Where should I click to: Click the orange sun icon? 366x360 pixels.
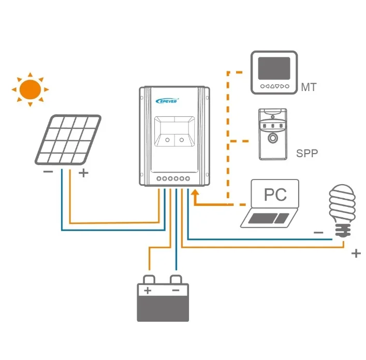coord(30,89)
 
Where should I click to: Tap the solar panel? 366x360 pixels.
coord(68,140)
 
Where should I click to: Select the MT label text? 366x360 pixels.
coord(309,87)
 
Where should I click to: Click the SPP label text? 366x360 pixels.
coord(306,153)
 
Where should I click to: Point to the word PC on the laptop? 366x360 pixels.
coord(275,194)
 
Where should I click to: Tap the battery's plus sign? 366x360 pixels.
coord(148,291)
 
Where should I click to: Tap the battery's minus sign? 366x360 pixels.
coord(175,291)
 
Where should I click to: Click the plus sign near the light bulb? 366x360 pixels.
coord(356,253)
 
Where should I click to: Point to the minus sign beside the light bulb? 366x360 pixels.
coord(318,233)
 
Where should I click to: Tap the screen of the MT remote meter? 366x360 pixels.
coord(274,67)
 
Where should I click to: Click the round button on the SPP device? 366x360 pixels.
coord(272,139)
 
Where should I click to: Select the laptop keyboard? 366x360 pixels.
coord(267,218)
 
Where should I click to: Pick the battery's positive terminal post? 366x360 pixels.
coord(148,279)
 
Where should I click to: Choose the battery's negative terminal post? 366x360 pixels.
coord(176,279)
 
